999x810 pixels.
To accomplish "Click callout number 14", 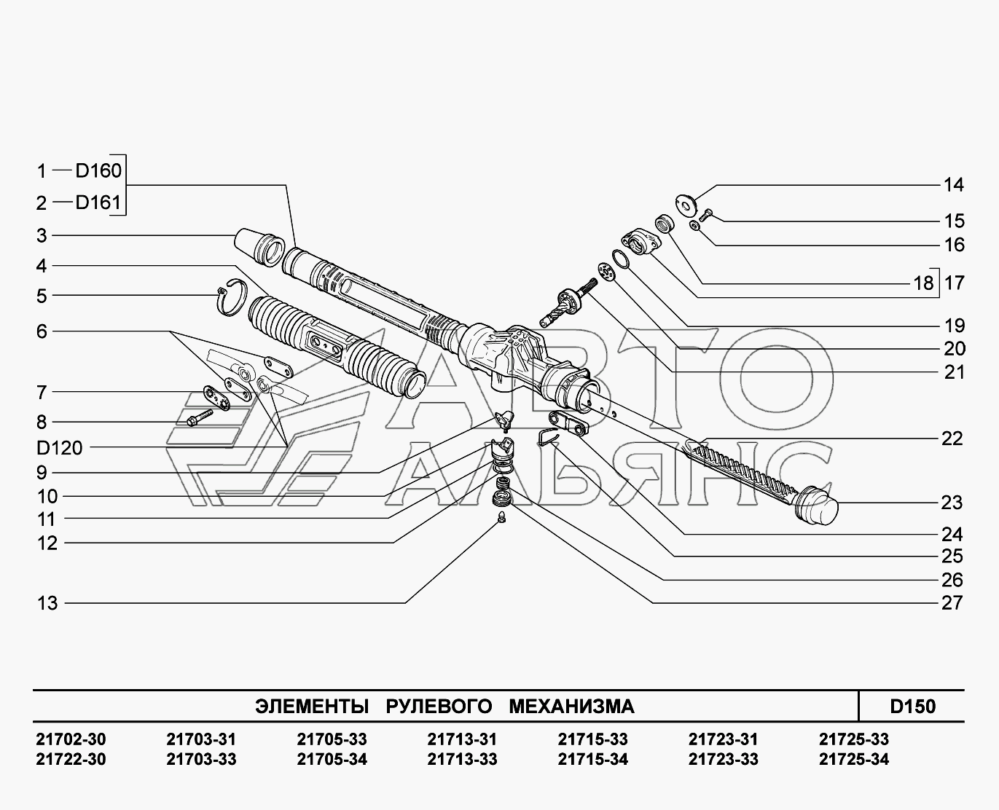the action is [954, 185].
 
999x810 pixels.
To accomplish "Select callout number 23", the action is [952, 503].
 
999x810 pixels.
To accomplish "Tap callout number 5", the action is [42, 296].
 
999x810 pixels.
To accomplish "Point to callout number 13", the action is [47, 603].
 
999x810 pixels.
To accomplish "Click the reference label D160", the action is [98, 170].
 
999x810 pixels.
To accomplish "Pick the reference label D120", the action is [60, 448].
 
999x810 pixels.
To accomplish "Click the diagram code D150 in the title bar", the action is [913, 707].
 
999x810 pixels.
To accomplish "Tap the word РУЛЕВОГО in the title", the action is [439, 707].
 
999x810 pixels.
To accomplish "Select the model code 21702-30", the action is [71, 739].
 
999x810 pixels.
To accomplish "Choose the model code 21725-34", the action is [854, 759].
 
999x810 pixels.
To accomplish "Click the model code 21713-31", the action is [462, 739].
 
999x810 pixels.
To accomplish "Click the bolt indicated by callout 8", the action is [200, 418].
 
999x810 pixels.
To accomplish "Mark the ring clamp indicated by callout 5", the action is [232, 296].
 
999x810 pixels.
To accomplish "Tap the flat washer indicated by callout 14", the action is [686, 205].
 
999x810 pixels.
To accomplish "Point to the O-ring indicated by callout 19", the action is [620, 260].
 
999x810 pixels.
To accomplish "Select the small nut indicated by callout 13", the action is [501, 517].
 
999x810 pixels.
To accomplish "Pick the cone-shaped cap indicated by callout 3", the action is [259, 247].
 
